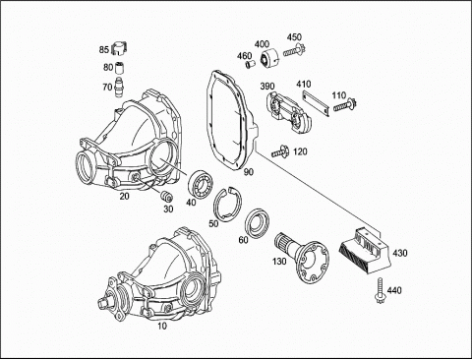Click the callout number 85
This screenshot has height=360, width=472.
pyautogui.click(x=104, y=50)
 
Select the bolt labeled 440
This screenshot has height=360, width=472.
pyautogui.click(x=380, y=290)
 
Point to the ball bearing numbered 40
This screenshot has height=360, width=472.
pyautogui.click(x=201, y=184)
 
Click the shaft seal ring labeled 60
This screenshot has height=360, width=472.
pyautogui.click(x=258, y=222)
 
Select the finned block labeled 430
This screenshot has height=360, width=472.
pyautogui.click(x=364, y=250)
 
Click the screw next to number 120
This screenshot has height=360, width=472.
pyautogui.click(x=279, y=152)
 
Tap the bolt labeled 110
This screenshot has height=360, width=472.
pyautogui.click(x=345, y=105)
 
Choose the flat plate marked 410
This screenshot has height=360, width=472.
pyautogui.click(x=316, y=103)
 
